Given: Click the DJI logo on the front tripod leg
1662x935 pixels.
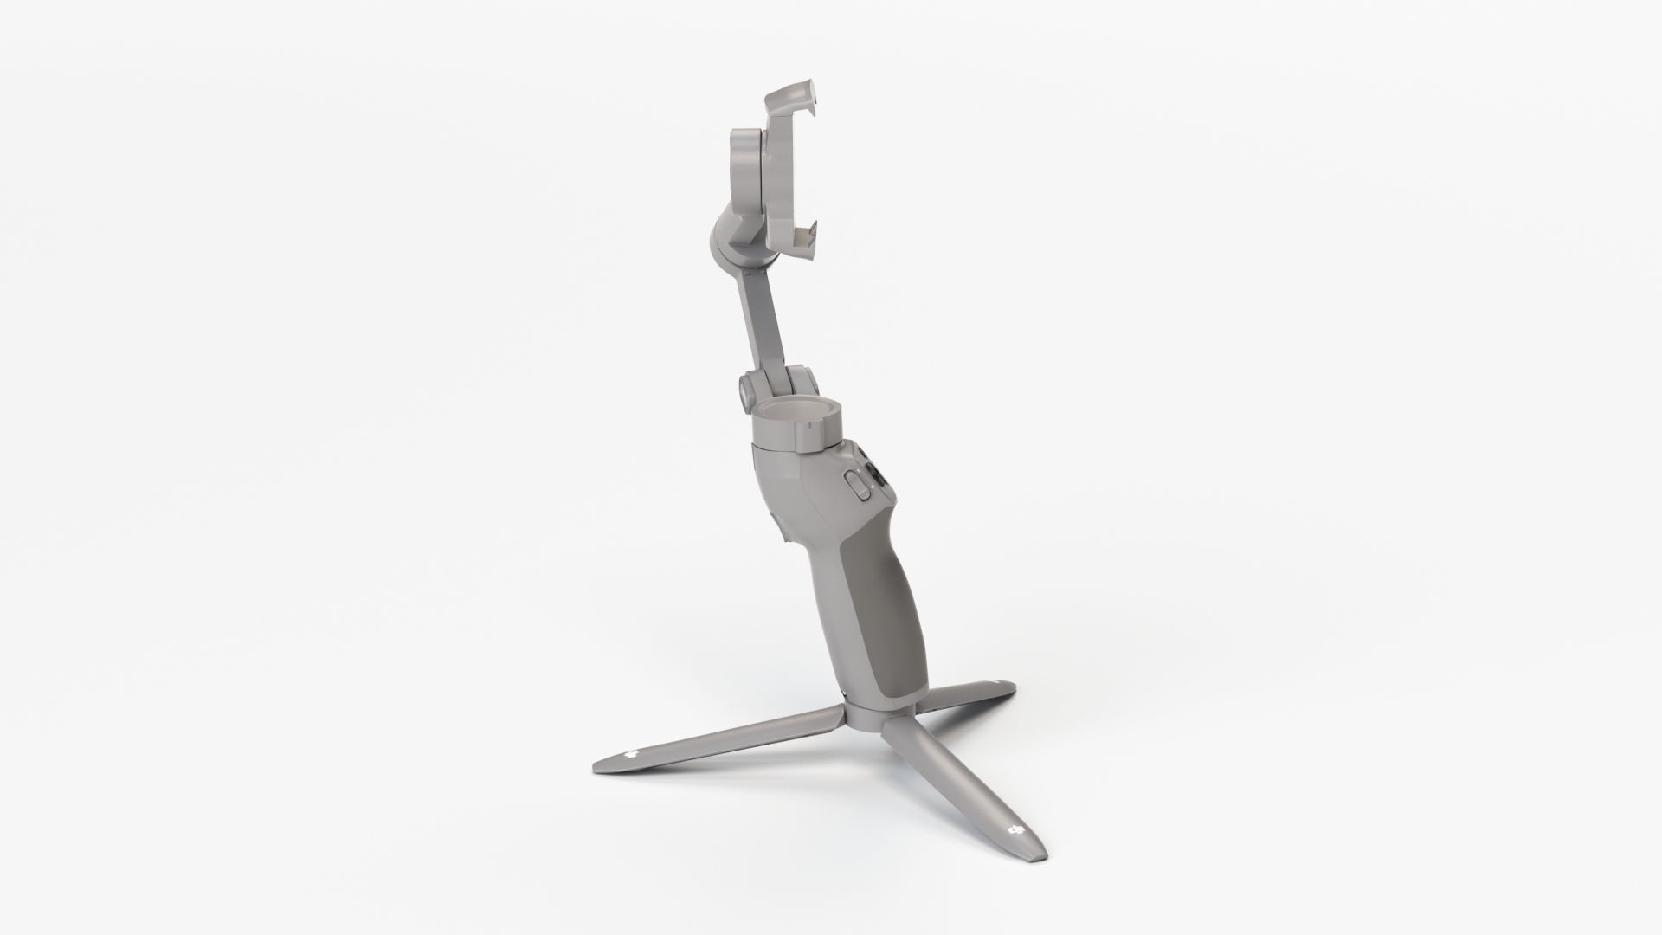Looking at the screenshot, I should click(1015, 834).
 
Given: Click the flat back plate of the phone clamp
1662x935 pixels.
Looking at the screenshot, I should click(783, 173).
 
